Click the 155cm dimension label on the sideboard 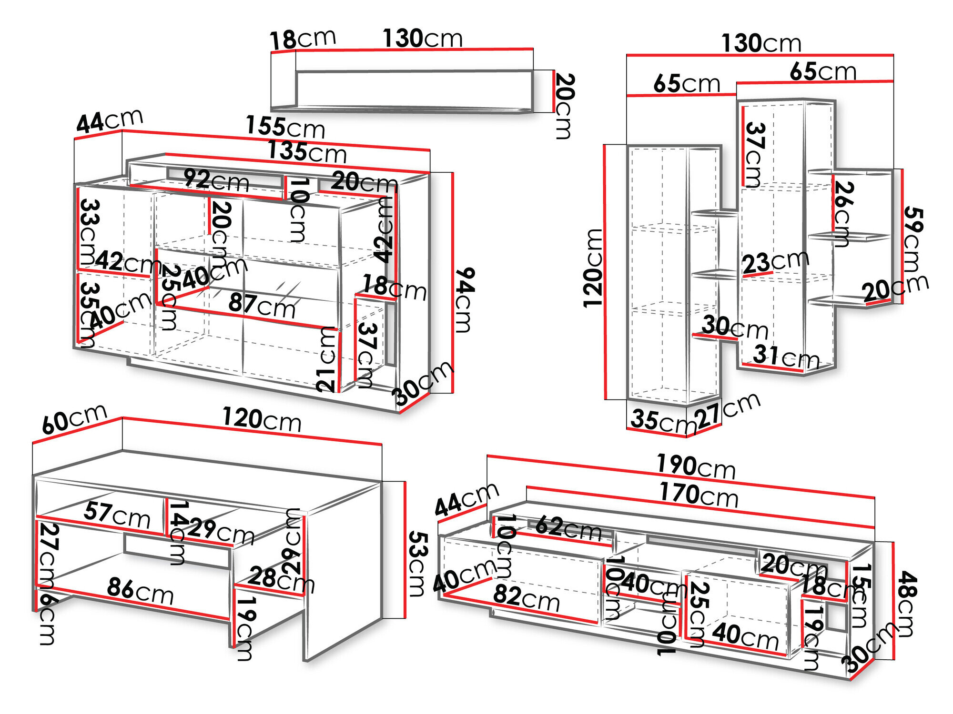(x=285, y=127)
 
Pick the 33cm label (x=89, y=231)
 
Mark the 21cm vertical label (x=327, y=360)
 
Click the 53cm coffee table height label (x=417, y=564)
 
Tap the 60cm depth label (x=74, y=418)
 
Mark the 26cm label (x=843, y=214)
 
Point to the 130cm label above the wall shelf (x=422, y=39)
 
